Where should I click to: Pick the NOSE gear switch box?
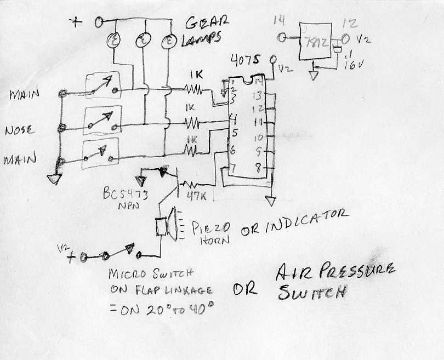101,121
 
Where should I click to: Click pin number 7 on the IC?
232,169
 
